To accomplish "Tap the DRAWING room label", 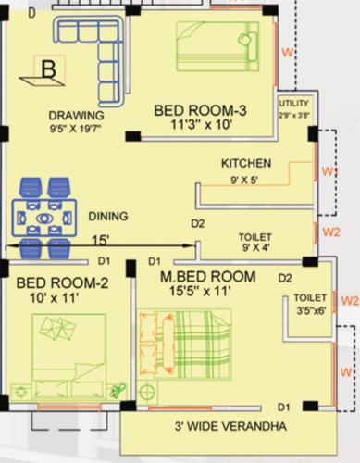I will pyautogui.click(x=76, y=116).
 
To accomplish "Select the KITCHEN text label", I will pyautogui.click(x=245, y=162).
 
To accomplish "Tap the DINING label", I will pyautogui.click(x=108, y=216).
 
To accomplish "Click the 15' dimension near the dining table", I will pyautogui.click(x=99, y=241).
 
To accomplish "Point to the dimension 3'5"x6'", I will pyautogui.click(x=306, y=311).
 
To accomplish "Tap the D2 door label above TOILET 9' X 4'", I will pyautogui.click(x=197, y=223).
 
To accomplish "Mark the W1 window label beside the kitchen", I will pyautogui.click(x=327, y=172).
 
